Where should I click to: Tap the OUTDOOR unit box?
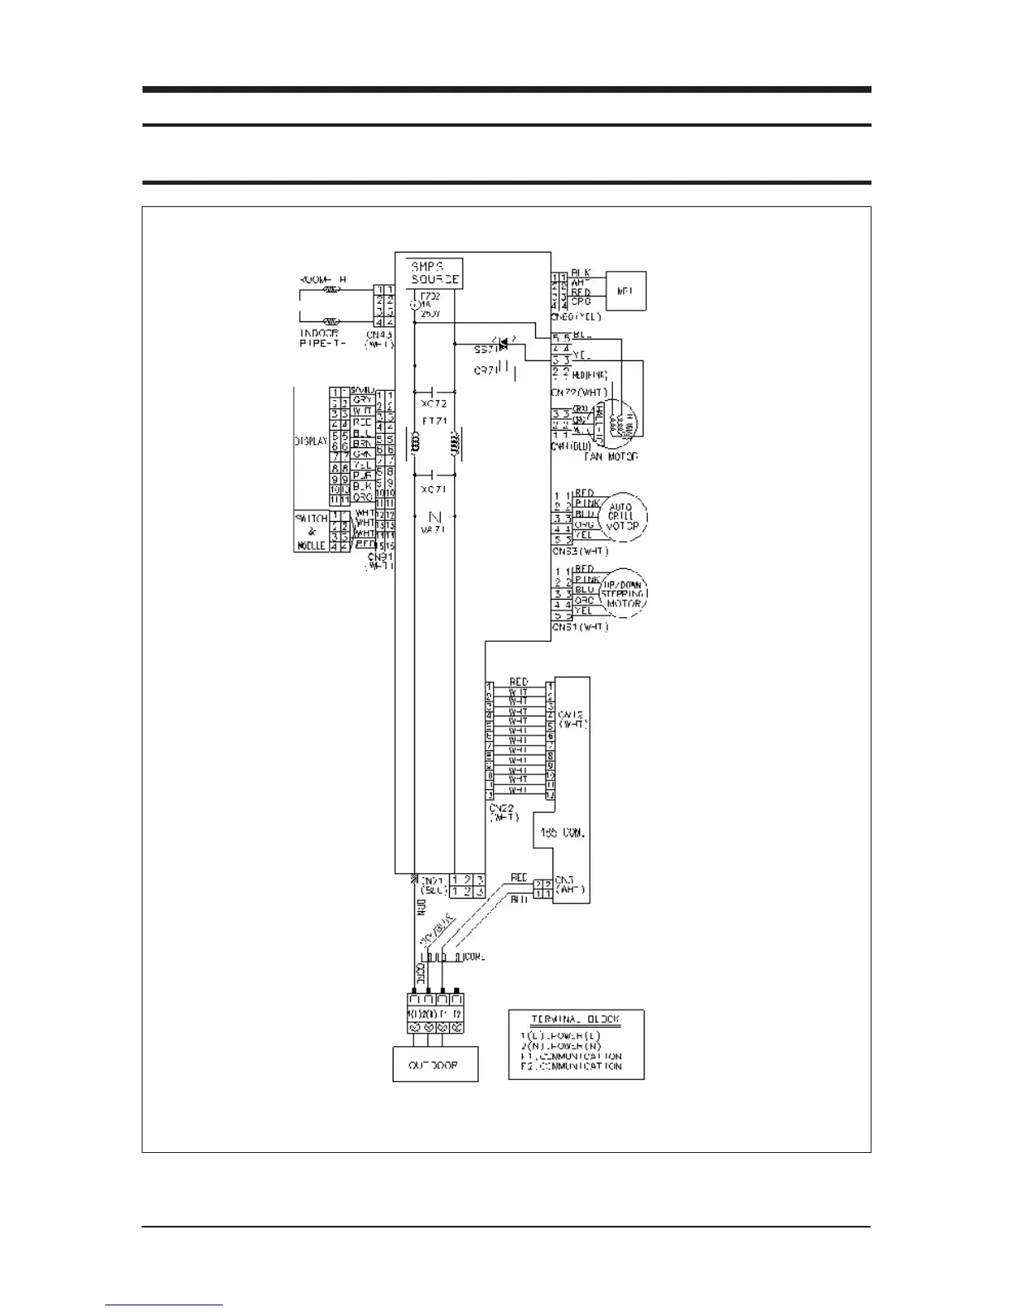(436, 1064)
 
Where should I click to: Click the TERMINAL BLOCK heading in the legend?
(576, 1020)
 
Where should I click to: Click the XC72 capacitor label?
(434, 403)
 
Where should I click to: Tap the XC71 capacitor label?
(434, 490)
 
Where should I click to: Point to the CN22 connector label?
(503, 812)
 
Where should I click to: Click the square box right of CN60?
(625, 292)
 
